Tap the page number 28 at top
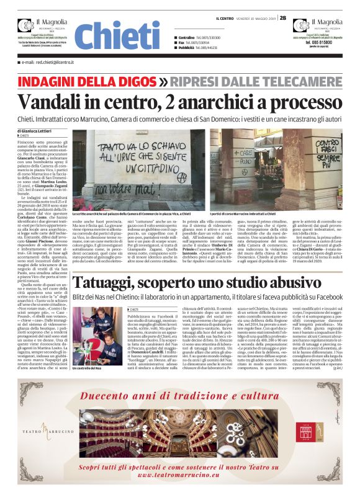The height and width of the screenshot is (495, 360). [283, 18]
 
